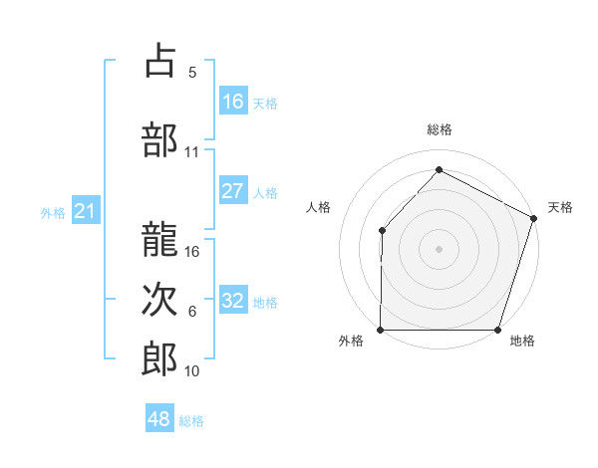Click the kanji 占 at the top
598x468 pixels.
tap(159, 62)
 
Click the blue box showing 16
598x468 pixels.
tap(233, 102)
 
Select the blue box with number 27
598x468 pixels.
tap(233, 191)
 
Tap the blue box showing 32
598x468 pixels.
tap(233, 301)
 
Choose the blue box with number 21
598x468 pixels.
tap(85, 211)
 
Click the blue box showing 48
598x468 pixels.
tap(159, 419)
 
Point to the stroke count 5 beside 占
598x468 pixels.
tap(192, 72)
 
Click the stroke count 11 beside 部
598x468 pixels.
tap(192, 152)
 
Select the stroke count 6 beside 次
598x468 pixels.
tap(192, 312)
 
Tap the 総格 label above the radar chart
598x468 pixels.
tap(440, 129)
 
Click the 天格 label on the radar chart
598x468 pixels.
tap(560, 207)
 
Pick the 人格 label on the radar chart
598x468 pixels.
tap(318, 207)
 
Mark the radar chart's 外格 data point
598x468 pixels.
tap(381, 330)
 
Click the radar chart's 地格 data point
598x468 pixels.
tap(498, 330)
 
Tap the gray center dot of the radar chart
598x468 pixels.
tap(439, 248)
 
